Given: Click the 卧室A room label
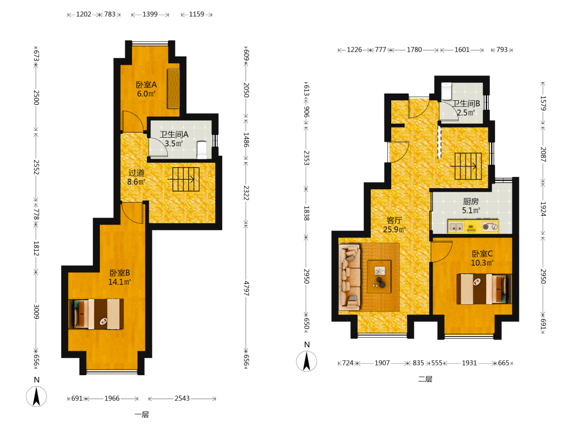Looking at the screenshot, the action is coord(146,84).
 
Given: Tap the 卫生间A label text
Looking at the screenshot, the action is coord(174,134).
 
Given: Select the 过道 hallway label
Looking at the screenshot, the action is coord(136,173).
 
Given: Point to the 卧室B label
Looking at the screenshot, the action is coord(120,273).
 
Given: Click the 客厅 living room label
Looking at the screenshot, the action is coord(394,220).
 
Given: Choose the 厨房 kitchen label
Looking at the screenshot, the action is coord(471,201).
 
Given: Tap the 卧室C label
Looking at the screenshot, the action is coord(482,254).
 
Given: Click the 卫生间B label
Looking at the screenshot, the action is coord(466,103).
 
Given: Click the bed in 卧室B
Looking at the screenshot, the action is coord(96,314).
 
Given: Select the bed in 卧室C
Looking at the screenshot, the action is coord(484,289).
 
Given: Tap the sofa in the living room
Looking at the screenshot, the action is coord(350,277).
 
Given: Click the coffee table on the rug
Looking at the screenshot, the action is coord(379,277).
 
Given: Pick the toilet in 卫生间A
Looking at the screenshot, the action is coord(202,150).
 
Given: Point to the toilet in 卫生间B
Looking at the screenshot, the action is coord(447,91).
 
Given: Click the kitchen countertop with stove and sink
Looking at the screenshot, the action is coord(473,226).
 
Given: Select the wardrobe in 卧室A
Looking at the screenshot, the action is coord(173,88).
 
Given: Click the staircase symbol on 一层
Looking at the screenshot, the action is coord(186,179).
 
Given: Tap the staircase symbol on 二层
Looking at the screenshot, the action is coord(468,166).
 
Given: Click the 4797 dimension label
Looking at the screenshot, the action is coord(246,288).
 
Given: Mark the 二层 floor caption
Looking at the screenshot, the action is coord(425,379).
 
